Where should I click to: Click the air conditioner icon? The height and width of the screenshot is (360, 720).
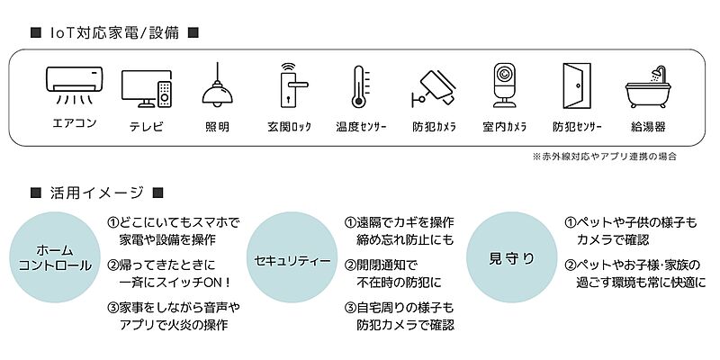pyautogui.click(x=74, y=82)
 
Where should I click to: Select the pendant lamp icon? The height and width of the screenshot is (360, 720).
pyautogui.click(x=216, y=85)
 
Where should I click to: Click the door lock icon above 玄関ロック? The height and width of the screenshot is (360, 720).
pyautogui.click(x=289, y=85)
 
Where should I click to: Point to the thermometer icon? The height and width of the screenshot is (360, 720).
pyautogui.click(x=359, y=86)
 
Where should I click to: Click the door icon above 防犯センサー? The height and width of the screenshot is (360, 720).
pyautogui.click(x=576, y=85)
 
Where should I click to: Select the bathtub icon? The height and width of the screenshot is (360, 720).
pyautogui.click(x=648, y=88)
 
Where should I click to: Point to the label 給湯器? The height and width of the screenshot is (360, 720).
pyautogui.click(x=648, y=127)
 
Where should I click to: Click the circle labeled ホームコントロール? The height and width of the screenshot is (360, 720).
pyautogui.click(x=54, y=257)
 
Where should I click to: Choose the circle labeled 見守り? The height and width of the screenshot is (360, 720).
pyautogui.click(x=510, y=257)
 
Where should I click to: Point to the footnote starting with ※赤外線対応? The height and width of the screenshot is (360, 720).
pyautogui.click(x=604, y=157)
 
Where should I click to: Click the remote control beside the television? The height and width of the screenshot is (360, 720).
pyautogui.click(x=164, y=92)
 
